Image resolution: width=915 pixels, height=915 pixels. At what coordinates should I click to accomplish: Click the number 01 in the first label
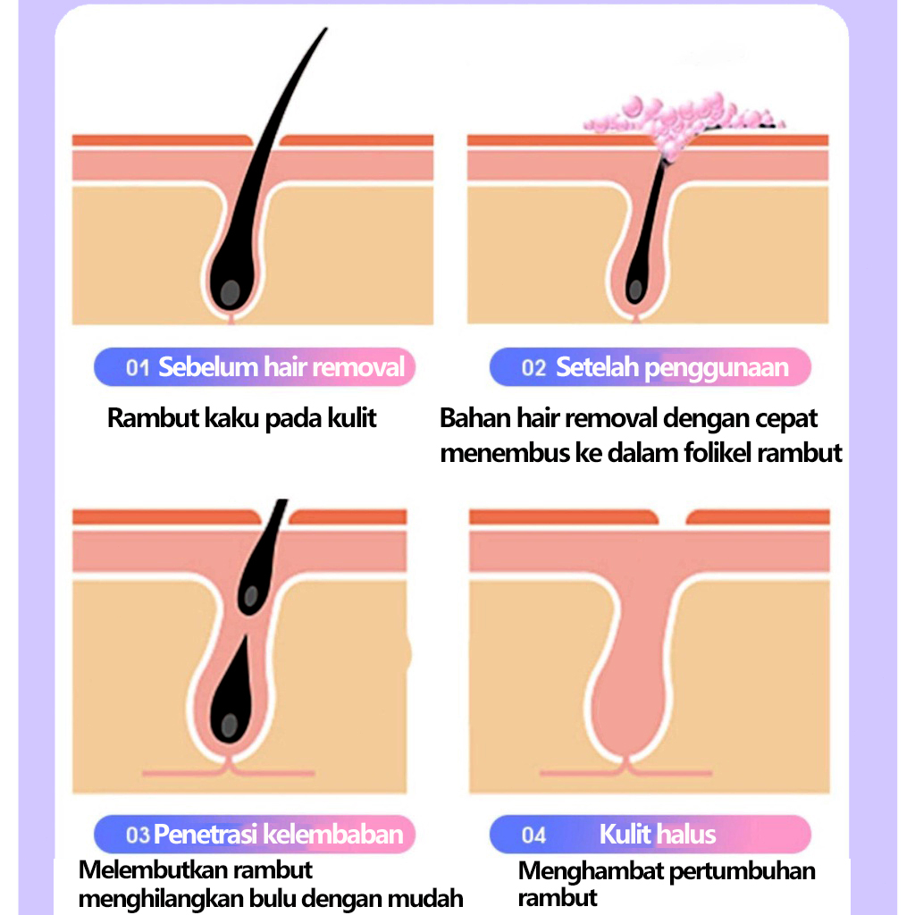coord(137,367)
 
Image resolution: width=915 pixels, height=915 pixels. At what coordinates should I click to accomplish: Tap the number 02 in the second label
coord(533,367)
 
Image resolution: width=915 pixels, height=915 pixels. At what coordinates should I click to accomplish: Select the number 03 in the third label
coord(138,835)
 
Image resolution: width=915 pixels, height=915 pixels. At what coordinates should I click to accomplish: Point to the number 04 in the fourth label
coord(533,835)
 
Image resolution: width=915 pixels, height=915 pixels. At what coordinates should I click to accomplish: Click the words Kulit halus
coord(658,835)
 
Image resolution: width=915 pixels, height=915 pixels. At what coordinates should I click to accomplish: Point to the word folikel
coord(709,453)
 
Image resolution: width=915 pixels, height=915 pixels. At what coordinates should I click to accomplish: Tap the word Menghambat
coord(588,871)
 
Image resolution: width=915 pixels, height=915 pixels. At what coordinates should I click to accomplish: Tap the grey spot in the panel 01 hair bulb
coord(231,290)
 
